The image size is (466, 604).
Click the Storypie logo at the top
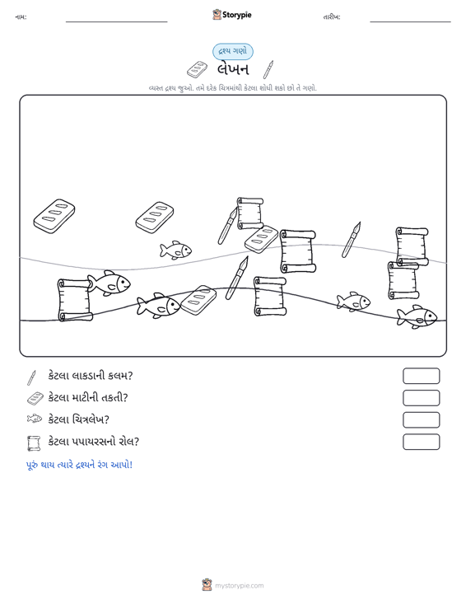click(x=232, y=15)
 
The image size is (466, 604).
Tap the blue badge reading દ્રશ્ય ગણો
click(x=233, y=52)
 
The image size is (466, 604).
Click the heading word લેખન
click(x=233, y=70)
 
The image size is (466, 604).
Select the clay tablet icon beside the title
click(x=197, y=69)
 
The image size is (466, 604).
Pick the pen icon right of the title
click(x=268, y=70)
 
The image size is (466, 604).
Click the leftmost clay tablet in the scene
click(x=54, y=216)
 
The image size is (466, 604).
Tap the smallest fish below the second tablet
click(x=175, y=250)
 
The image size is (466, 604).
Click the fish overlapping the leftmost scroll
click(x=109, y=283)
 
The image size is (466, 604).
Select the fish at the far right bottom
click(x=417, y=316)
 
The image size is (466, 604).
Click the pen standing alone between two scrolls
click(x=352, y=240)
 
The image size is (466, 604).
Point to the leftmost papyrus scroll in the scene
click(x=75, y=300)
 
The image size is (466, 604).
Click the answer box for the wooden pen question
click(x=421, y=376)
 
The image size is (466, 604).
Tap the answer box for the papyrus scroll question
click(x=421, y=442)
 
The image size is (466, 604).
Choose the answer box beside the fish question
click(x=421, y=420)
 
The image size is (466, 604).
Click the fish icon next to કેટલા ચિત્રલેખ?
click(x=35, y=419)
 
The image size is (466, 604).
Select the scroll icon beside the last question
click(x=34, y=443)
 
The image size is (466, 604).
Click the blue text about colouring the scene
click(x=79, y=465)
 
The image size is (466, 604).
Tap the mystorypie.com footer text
click(x=240, y=586)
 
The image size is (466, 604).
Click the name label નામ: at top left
click(x=21, y=17)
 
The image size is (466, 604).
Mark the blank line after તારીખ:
click(x=410, y=21)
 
